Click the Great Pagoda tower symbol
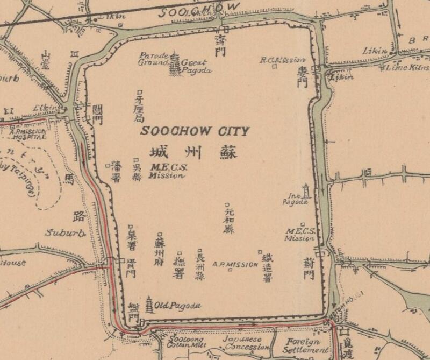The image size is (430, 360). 176,64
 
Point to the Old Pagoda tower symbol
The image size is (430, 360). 149,305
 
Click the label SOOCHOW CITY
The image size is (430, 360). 195,131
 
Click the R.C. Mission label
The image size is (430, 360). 283,60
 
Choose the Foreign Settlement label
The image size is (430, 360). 303,345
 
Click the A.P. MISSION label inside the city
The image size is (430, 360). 235,264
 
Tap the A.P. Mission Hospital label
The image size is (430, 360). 28,134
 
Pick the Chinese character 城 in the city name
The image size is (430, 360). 161,151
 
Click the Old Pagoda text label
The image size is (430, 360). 177,306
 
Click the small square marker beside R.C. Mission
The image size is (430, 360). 274,67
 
